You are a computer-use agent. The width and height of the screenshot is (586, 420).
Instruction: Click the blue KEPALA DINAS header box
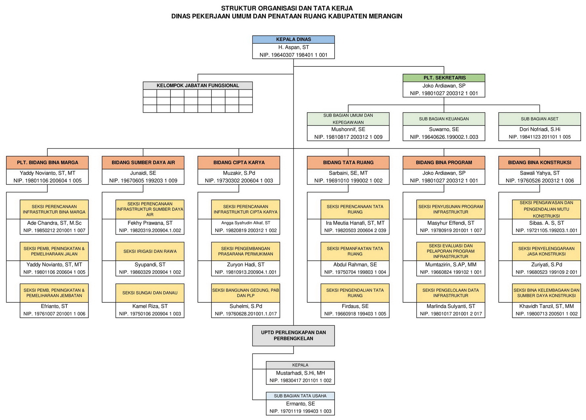293,39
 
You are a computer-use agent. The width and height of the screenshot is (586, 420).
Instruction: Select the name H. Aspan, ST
293,47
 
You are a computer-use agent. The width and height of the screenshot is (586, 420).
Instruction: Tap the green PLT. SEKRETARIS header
444,78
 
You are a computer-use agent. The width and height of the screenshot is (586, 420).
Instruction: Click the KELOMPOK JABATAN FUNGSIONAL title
198,86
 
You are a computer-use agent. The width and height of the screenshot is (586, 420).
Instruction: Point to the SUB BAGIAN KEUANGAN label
444,119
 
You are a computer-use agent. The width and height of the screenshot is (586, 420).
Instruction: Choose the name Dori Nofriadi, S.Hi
539,129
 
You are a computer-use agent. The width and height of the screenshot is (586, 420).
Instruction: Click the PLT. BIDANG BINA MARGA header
48,163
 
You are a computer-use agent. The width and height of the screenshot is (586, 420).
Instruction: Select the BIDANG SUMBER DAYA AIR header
143,163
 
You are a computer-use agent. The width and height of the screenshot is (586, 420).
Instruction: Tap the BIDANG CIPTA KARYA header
239,163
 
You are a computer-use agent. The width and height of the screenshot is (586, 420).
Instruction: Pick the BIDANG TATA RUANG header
348,163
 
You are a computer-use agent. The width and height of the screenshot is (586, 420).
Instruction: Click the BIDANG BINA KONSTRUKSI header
539,163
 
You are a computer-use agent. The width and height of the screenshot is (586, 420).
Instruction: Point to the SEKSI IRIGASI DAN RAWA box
150,251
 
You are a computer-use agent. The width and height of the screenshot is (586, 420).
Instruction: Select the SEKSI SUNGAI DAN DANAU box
150,293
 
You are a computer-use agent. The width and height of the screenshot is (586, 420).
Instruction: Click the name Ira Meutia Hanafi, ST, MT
355,223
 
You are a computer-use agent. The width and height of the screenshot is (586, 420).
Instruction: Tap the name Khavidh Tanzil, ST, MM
546,306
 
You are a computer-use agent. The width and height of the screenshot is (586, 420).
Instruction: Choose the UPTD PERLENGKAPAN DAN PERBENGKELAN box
293,335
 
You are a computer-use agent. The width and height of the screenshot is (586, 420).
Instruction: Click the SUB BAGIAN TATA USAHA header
300,396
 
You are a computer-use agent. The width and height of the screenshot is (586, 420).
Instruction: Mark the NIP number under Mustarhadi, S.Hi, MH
300,381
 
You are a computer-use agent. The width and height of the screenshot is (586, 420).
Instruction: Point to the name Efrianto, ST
54,306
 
